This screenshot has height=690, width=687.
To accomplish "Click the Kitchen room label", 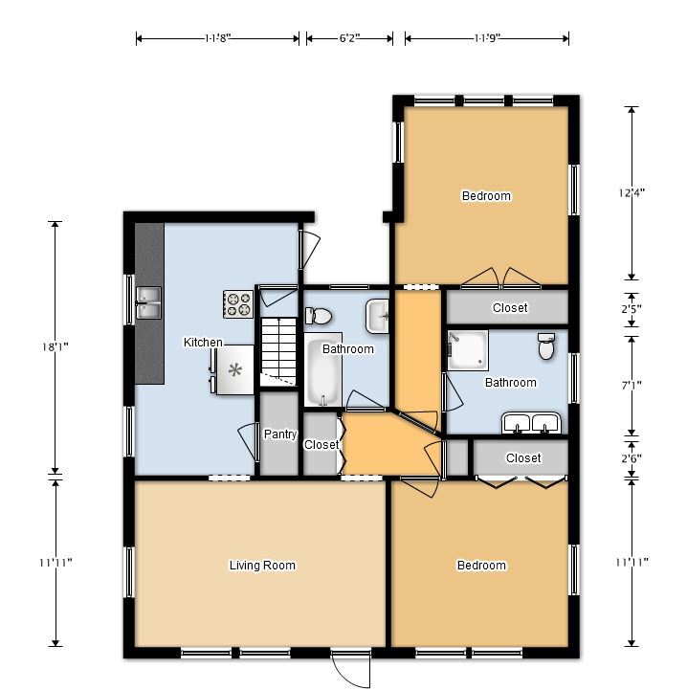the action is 203,342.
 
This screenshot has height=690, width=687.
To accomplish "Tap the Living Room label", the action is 262,565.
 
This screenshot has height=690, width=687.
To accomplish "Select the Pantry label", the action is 280,434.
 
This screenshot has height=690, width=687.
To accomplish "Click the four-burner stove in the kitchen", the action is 238,304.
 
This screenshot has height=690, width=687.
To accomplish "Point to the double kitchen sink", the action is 148,302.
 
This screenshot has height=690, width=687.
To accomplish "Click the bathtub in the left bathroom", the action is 323,369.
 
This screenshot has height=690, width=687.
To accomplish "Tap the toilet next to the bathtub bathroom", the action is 319,316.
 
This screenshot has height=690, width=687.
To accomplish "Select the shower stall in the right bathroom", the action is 468,350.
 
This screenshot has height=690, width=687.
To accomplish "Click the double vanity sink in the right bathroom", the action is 531,423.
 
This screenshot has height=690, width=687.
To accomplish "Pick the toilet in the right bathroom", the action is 546,345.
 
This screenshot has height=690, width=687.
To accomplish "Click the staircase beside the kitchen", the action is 279,351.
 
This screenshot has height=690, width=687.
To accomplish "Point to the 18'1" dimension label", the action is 55,347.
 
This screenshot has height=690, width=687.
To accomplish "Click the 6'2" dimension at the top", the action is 349,38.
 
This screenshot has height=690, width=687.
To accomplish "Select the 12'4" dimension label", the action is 632,192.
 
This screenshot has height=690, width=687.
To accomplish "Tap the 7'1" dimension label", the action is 632,386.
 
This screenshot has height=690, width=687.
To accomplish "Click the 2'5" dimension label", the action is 632,309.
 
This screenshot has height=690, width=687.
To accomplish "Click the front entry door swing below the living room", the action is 351,671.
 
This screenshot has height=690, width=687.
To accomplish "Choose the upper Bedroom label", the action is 486,195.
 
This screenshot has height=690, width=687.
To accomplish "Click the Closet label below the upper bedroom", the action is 510,307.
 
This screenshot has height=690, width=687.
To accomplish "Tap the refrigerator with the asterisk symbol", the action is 234,369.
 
